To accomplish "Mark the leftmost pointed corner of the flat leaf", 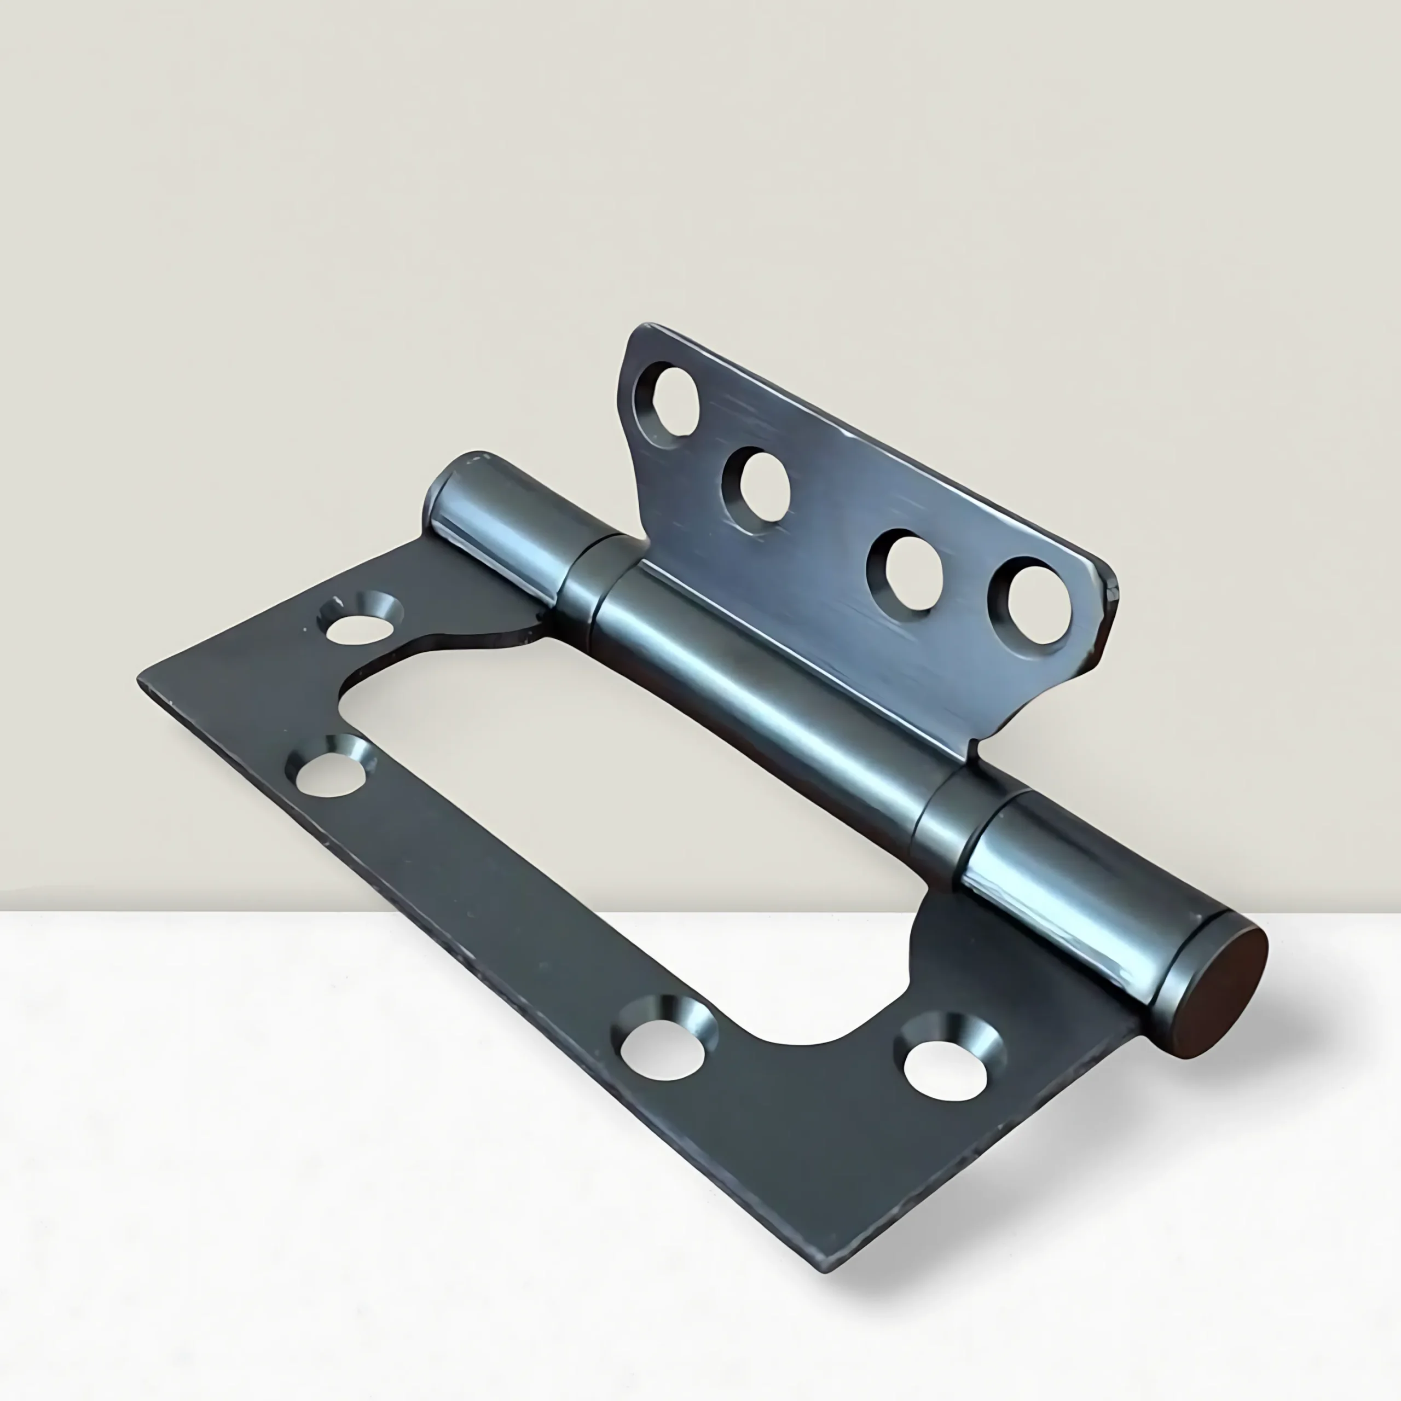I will tap(141, 680).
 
